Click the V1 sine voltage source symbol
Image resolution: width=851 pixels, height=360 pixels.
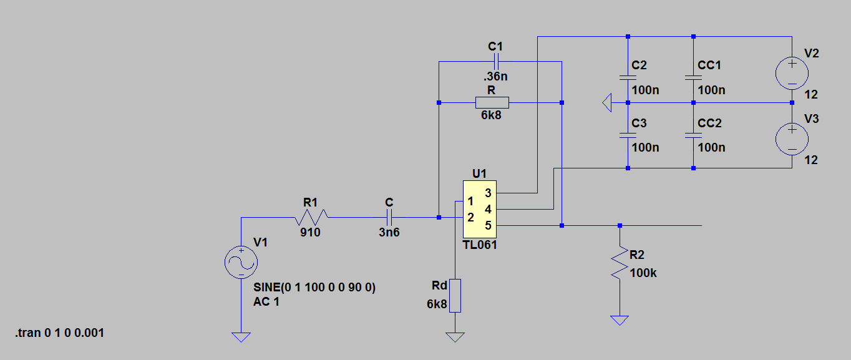point(241,263)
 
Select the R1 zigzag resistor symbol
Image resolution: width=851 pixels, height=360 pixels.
point(311,217)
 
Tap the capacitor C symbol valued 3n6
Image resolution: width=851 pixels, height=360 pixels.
point(389,218)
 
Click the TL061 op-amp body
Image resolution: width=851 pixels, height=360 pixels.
point(479,209)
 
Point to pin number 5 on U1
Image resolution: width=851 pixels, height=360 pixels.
point(488,226)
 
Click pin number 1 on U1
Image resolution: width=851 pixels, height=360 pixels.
point(470,201)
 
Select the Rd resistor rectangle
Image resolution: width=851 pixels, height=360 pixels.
point(455,296)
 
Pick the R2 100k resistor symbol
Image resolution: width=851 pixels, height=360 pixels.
point(620,263)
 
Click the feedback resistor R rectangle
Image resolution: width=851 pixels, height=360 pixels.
point(492,102)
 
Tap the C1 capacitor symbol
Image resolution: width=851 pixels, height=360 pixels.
point(496,62)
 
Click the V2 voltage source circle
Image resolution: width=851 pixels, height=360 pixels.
point(792,73)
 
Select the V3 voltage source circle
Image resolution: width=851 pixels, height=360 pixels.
point(792,139)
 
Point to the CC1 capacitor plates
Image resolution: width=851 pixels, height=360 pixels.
point(693,78)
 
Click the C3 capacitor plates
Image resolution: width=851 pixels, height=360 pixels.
point(628,135)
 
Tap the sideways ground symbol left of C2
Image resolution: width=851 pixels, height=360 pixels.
point(607,102)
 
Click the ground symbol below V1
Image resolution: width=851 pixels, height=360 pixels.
point(241,337)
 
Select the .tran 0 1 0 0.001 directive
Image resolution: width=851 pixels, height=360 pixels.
point(60,333)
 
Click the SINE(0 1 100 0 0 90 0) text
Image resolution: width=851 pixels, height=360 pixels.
point(314,287)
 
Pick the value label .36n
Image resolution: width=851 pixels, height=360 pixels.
point(495,76)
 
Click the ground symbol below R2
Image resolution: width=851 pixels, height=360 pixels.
point(620,321)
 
